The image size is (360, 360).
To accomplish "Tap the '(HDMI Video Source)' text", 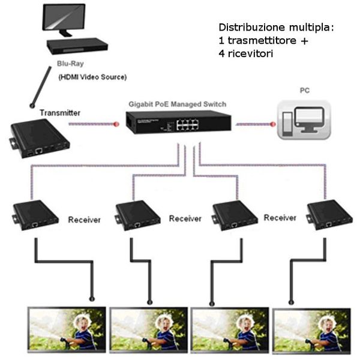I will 92,77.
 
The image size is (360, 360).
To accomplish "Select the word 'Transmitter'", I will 59,112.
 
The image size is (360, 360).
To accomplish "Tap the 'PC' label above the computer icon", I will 305,91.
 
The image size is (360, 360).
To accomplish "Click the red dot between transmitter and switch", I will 118,124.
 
